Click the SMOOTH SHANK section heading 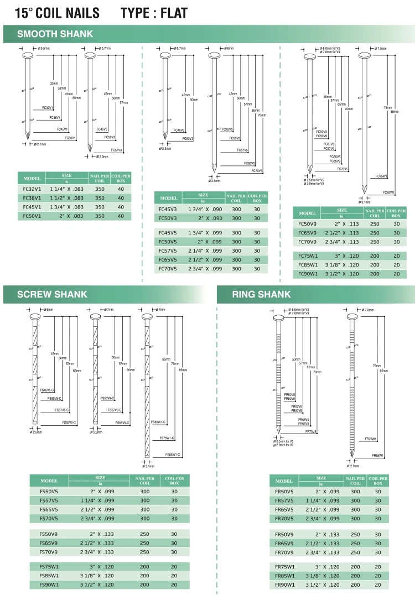coord(55,34)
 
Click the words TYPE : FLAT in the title coord(154,13)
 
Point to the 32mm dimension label coord(54,83)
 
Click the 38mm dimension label coord(61,88)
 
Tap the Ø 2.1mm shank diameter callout coord(40,144)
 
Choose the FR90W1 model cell coord(284,585)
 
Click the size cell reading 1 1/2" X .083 coord(66,197)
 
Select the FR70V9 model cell coord(284,552)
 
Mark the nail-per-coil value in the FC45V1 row coord(100,207)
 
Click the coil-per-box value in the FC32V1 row coord(121,189)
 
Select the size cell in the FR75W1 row coord(321,567)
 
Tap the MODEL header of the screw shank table coord(48,481)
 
